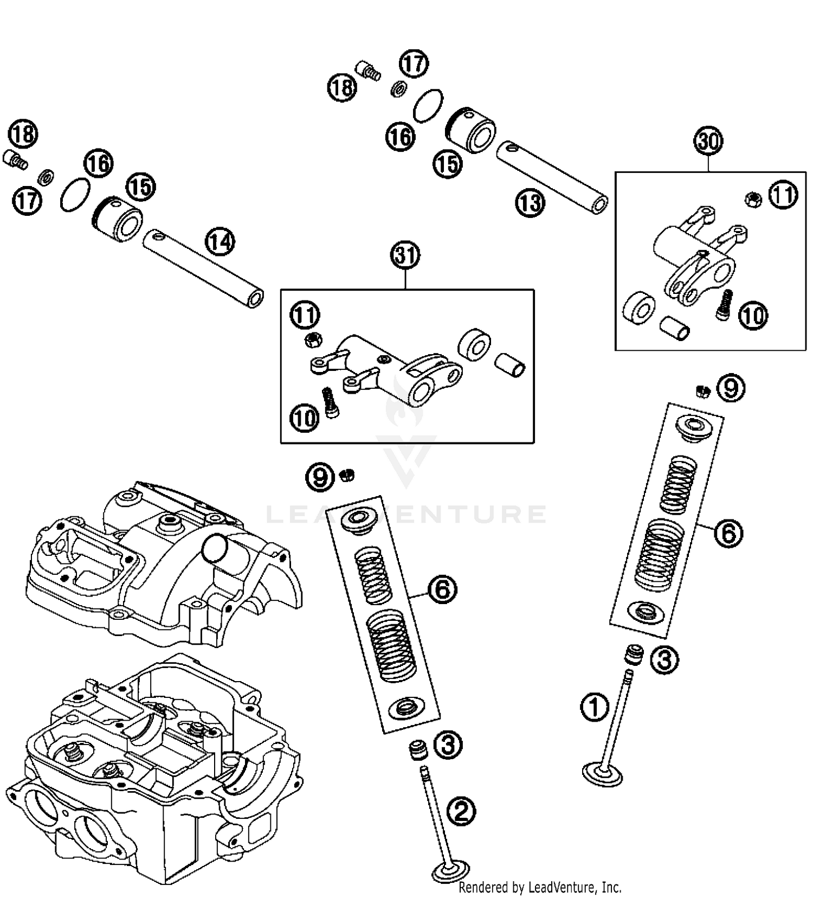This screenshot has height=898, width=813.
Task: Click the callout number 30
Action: [x=708, y=142]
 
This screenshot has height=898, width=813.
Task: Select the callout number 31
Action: [x=406, y=255]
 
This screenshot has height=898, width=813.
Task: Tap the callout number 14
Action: [x=220, y=242]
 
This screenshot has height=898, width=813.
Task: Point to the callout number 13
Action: [x=529, y=203]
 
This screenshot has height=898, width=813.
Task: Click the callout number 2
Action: [x=461, y=812]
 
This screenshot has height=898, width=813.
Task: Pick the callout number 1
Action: [x=595, y=707]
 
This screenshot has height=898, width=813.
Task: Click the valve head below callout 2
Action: [x=451, y=873]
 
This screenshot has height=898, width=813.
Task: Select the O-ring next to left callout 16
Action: [x=74, y=194]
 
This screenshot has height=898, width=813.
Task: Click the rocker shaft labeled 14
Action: [x=203, y=268]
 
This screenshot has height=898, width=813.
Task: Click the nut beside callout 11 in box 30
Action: [x=753, y=200]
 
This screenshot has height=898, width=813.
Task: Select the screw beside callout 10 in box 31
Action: [x=330, y=403]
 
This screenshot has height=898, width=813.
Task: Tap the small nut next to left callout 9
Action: [x=347, y=476]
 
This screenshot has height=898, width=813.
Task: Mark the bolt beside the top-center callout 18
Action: [x=369, y=70]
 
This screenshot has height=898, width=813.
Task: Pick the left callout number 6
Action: [x=442, y=589]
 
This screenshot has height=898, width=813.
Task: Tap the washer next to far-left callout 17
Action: [x=46, y=176]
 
